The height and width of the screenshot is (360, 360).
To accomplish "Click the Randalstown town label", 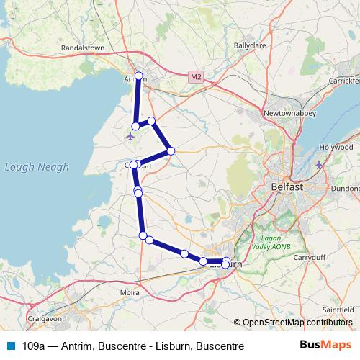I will point(84,48).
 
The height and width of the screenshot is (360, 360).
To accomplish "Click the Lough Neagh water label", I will point(37,167).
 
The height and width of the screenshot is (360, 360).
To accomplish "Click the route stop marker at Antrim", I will point(139,76).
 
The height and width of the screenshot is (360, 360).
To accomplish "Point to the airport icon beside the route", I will point(130,135).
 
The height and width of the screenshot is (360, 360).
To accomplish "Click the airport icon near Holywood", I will point(319,166).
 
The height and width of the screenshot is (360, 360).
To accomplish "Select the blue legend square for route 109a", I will point(12,346).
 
